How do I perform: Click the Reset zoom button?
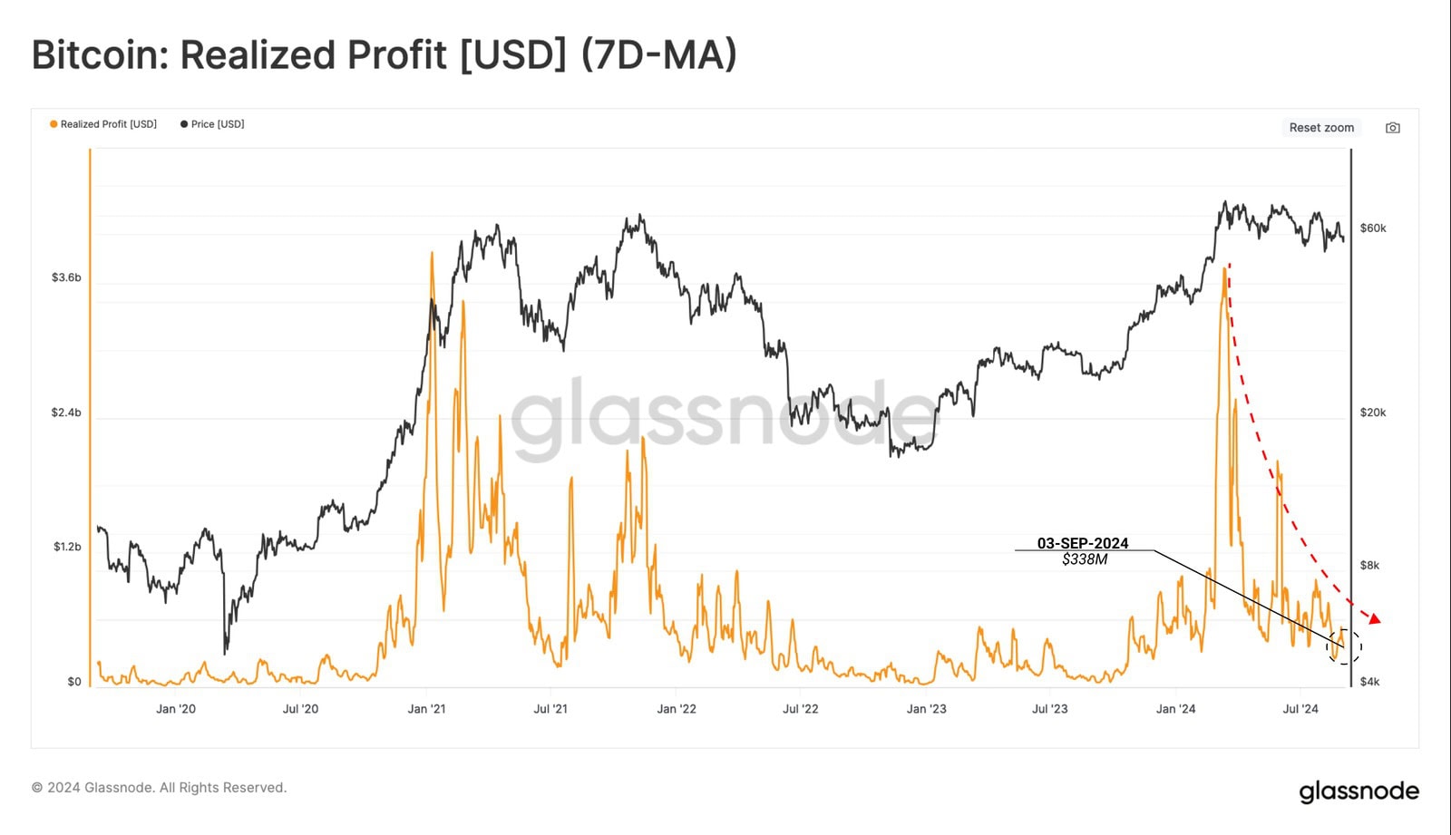pyautogui.click(x=1321, y=128)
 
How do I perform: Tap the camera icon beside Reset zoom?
pyautogui.click(x=1393, y=128)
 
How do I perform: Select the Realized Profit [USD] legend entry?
pyautogui.click(x=103, y=124)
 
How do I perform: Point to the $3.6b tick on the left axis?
pyautogui.click(x=66, y=277)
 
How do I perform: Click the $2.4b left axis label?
pyautogui.click(x=66, y=413)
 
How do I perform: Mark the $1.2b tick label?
pyautogui.click(x=66, y=547)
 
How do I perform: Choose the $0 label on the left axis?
pyautogui.click(x=73, y=682)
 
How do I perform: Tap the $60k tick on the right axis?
pyautogui.click(x=1373, y=228)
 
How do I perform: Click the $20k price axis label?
pyautogui.click(x=1373, y=413)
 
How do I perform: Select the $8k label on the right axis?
pyautogui.click(x=1369, y=566)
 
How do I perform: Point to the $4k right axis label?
pyautogui.click(x=1369, y=682)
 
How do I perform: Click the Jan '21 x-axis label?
pyautogui.click(x=426, y=709)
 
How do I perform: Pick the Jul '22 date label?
pyautogui.click(x=800, y=709)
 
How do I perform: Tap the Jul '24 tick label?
pyautogui.click(x=1300, y=709)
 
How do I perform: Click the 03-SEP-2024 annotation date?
pyautogui.click(x=1083, y=543)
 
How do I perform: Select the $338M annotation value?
pyautogui.click(x=1085, y=559)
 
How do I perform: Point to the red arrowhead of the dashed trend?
pyautogui.click(x=1375, y=618)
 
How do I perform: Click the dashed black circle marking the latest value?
pyautogui.click(x=1344, y=646)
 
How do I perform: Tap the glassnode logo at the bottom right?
pyautogui.click(x=1358, y=791)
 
